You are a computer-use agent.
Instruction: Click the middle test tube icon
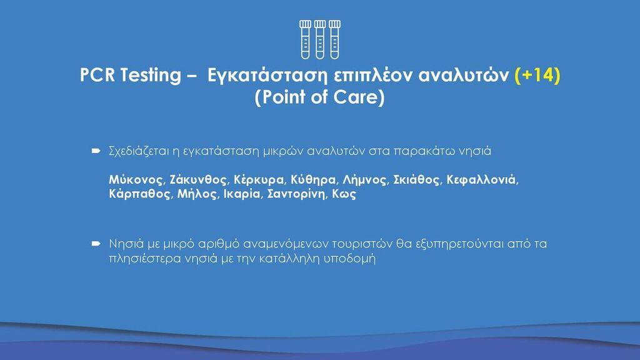click(x=320, y=39)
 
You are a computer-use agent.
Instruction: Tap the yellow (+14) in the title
click(x=537, y=75)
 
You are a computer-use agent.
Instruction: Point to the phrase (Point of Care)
click(x=319, y=97)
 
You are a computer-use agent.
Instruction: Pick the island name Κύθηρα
click(x=314, y=180)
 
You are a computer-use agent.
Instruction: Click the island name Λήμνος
click(x=365, y=180)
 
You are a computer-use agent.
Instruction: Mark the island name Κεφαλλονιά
click(x=482, y=180)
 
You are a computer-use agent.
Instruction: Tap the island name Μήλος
click(x=197, y=194)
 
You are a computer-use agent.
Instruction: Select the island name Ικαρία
click(x=242, y=194)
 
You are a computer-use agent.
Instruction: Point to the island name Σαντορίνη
click(x=297, y=194)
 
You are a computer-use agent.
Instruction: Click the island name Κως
click(x=344, y=194)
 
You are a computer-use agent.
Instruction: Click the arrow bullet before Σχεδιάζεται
click(x=96, y=151)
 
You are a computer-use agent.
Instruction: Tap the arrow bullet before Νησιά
click(x=96, y=244)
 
